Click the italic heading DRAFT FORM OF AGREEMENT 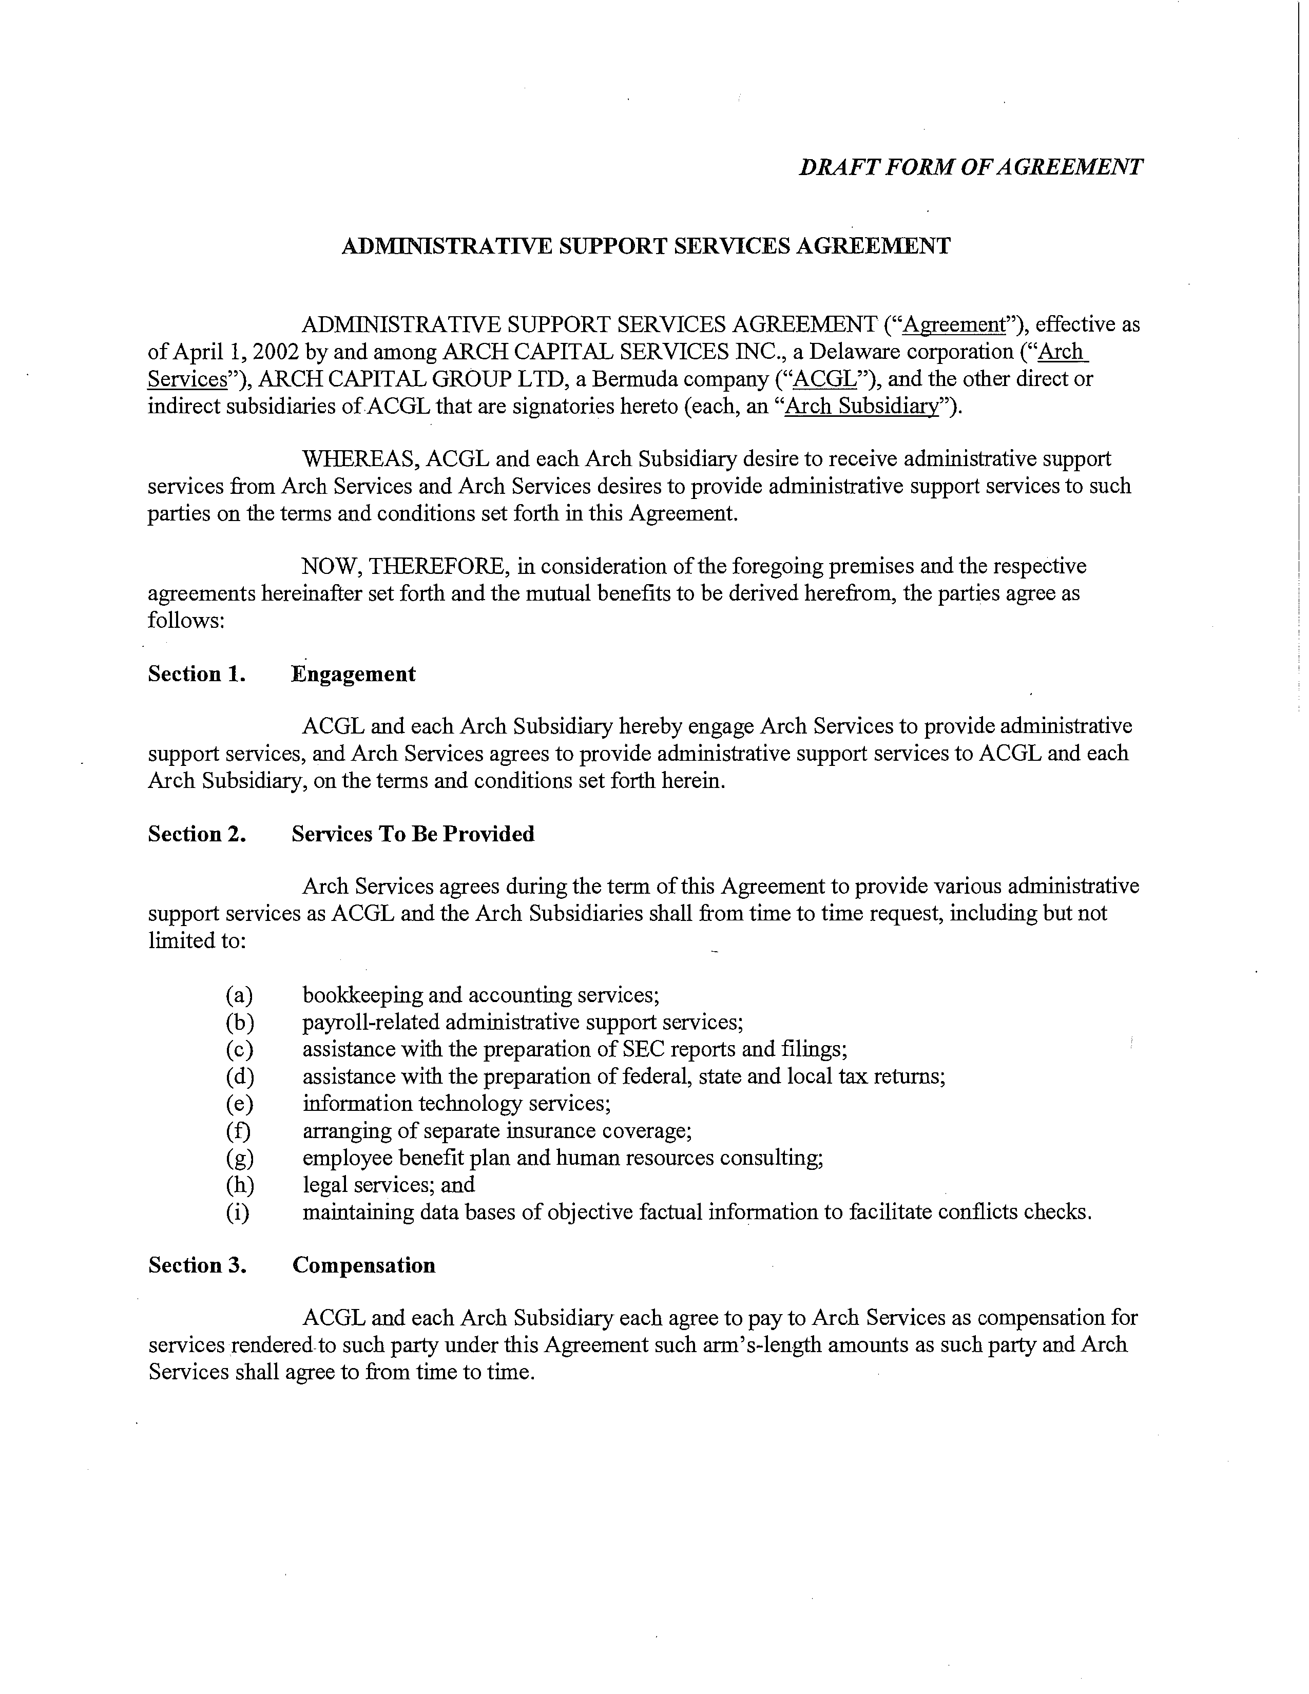(x=970, y=167)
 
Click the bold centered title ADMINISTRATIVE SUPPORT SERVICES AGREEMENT (x=646, y=246)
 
